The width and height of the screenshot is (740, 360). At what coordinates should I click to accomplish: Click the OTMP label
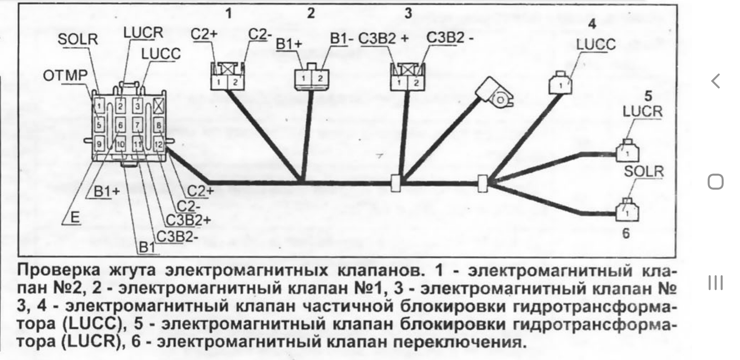click(65, 76)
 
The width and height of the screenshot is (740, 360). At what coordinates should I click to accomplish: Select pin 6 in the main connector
click(120, 125)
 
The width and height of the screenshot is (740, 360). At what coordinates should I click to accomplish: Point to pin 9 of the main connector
click(99, 144)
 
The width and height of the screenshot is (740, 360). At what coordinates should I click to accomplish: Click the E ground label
click(75, 218)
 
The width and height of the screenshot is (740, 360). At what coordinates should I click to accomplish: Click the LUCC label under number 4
click(596, 45)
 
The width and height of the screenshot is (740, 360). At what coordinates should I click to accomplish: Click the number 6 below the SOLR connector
click(626, 234)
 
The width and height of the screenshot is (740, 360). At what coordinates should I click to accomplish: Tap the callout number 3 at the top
click(408, 13)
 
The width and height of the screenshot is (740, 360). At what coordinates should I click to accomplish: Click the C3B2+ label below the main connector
click(188, 220)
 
